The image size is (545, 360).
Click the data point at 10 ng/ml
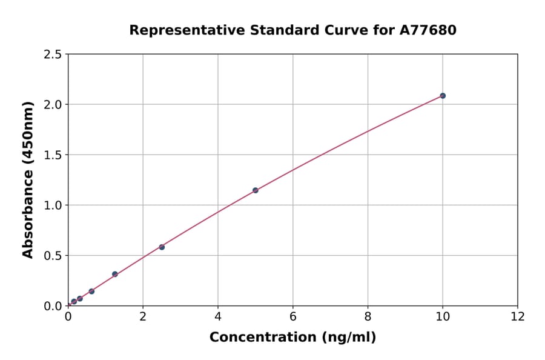click(x=443, y=96)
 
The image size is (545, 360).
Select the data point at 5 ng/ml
click(x=256, y=190)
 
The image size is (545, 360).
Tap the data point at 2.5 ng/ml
click(x=162, y=247)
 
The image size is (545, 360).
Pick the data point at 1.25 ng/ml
click(x=115, y=274)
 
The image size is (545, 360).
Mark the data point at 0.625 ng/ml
click(x=91, y=292)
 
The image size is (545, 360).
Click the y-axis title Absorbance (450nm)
click(x=28, y=179)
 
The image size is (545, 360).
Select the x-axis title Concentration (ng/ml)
click(x=292, y=337)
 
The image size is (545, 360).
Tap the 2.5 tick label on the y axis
click(x=53, y=55)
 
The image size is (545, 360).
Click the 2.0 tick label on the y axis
click(x=53, y=105)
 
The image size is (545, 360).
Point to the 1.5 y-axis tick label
click(x=53, y=155)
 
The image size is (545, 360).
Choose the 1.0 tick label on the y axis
click(x=53, y=205)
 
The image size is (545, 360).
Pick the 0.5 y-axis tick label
click(x=53, y=256)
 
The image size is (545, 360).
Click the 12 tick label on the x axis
click(x=518, y=316)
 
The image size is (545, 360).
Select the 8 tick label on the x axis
click(x=368, y=316)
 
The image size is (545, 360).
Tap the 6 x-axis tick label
click(x=293, y=316)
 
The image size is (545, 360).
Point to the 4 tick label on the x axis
click(x=218, y=316)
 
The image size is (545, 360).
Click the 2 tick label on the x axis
click(x=143, y=316)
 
